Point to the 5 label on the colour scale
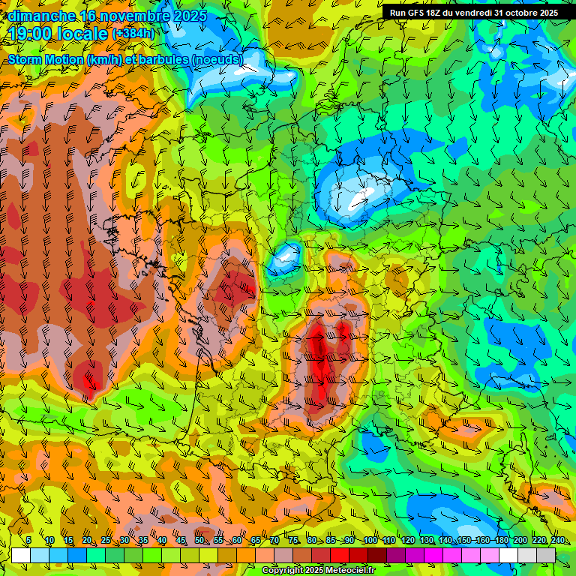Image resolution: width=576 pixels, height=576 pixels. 28,541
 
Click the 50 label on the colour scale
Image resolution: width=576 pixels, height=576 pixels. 199,541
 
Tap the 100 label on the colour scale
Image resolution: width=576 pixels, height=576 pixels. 370,541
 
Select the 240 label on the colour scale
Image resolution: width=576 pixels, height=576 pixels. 556,541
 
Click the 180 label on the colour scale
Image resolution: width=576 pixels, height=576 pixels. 500,541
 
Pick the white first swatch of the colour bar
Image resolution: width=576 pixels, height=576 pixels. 21,555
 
